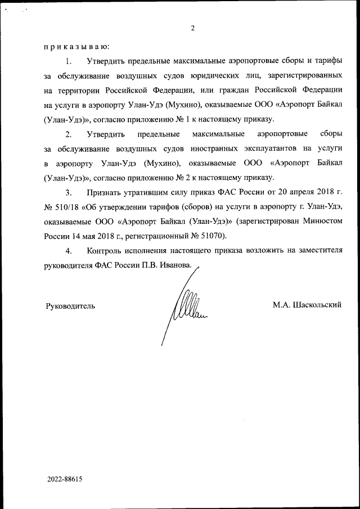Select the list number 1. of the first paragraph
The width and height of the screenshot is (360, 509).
click(x=69, y=60)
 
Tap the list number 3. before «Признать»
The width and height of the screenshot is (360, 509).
click(x=69, y=192)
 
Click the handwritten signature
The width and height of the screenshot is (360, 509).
click(x=186, y=309)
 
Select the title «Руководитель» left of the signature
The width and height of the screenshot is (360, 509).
click(x=70, y=306)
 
